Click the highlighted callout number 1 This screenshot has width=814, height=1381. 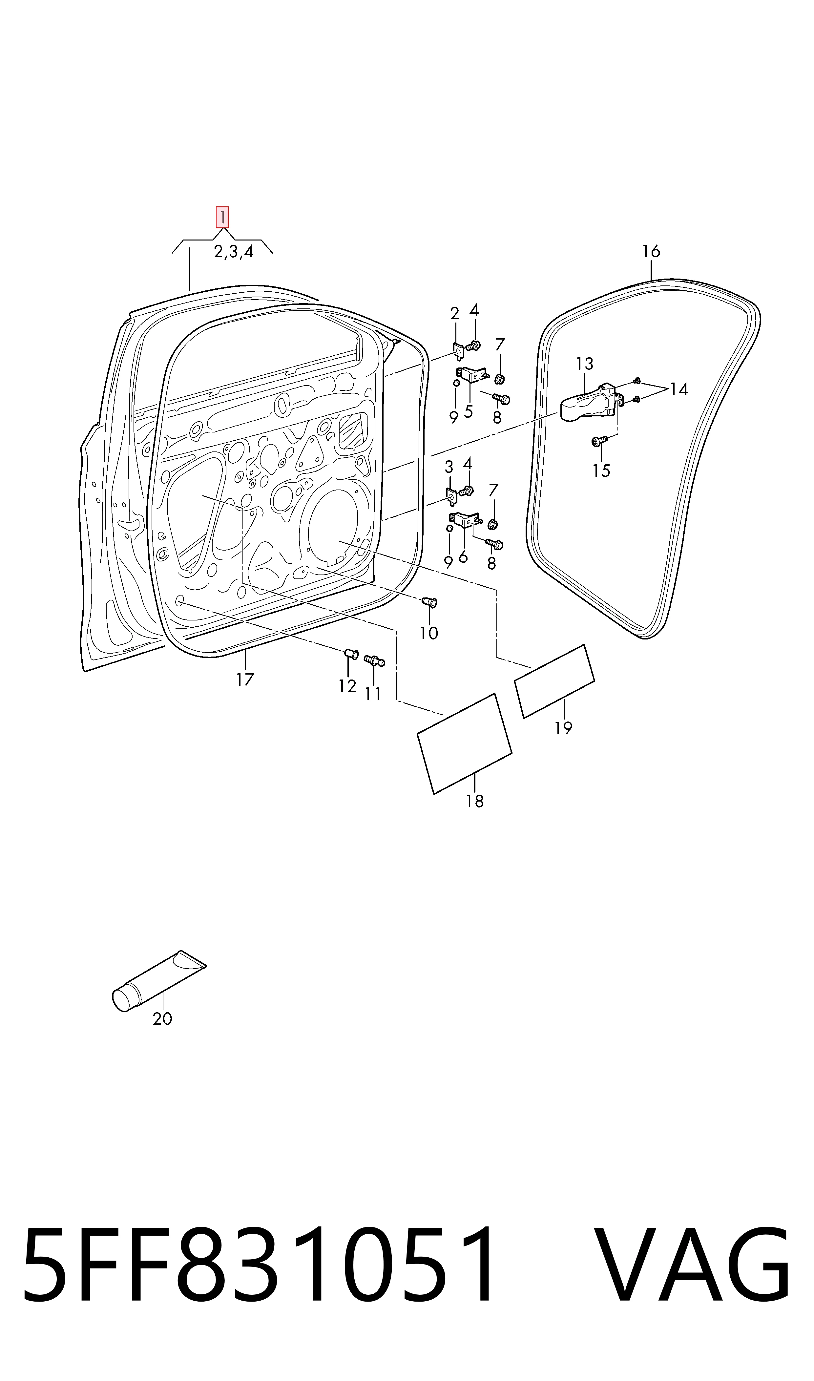222,217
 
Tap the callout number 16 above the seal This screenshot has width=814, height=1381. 651,252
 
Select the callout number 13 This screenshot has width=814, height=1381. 585,364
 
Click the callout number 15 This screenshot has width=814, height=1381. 601,471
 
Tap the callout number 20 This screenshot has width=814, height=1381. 162,1018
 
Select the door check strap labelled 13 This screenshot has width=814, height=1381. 591,403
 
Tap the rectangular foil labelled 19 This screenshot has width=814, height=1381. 554,681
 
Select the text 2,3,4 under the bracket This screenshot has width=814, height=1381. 234,252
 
